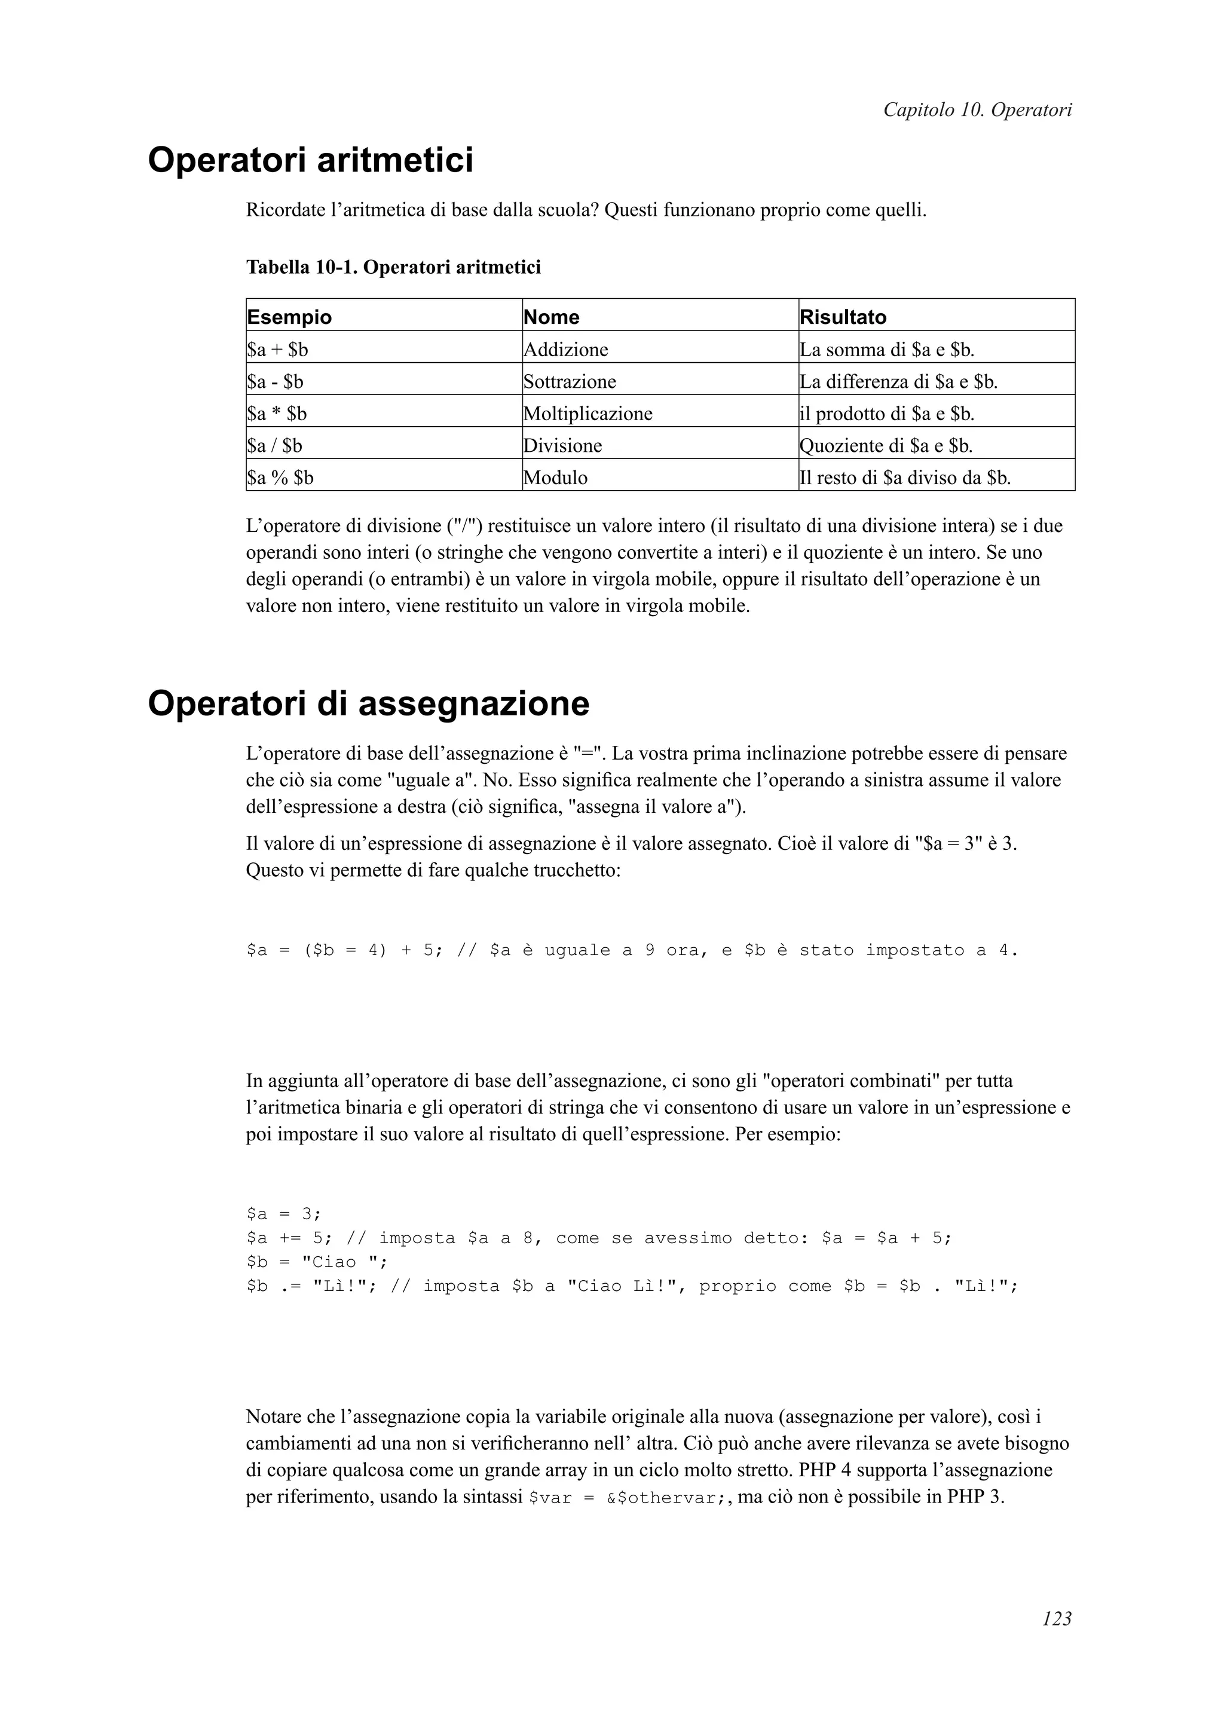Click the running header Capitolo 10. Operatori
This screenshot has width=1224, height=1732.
coord(977,110)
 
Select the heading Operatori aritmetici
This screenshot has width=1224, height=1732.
coord(310,161)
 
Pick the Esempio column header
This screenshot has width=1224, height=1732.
coord(290,317)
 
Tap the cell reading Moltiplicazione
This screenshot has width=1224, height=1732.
coord(588,414)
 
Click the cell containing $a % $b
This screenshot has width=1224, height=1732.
coord(280,478)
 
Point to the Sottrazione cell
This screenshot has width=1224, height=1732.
coord(570,382)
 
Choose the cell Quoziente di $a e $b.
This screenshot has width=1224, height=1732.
coord(886,446)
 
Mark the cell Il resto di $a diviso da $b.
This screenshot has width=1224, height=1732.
coord(905,478)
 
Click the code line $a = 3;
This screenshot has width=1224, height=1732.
coord(283,1214)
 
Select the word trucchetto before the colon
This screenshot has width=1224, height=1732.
coord(575,871)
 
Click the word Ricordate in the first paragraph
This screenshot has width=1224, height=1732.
coord(283,210)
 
